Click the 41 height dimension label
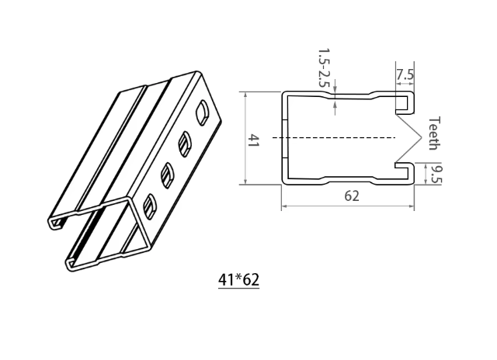point(253,140)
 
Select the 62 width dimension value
point(352,196)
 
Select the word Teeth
point(435,133)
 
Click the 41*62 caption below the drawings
point(238,280)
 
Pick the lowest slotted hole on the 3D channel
point(151,206)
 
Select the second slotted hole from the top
point(186,143)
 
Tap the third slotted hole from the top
point(168,174)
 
